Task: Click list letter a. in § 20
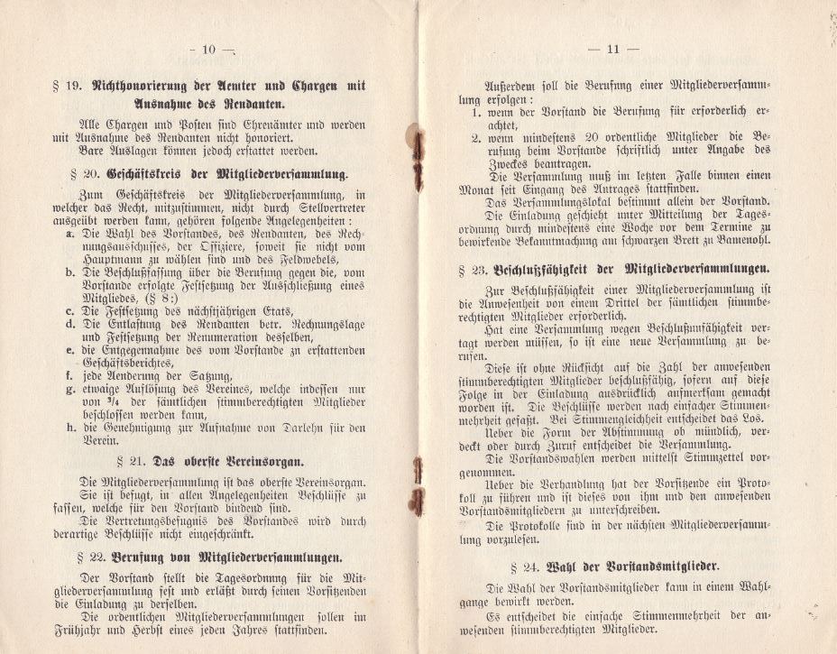(x=71, y=233)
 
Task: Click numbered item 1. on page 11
(x=475, y=115)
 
